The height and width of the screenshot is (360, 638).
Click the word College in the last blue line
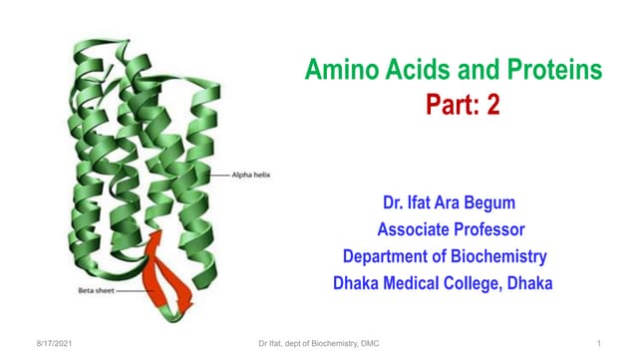(494, 283)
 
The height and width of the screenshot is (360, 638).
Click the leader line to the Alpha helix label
(221, 174)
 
